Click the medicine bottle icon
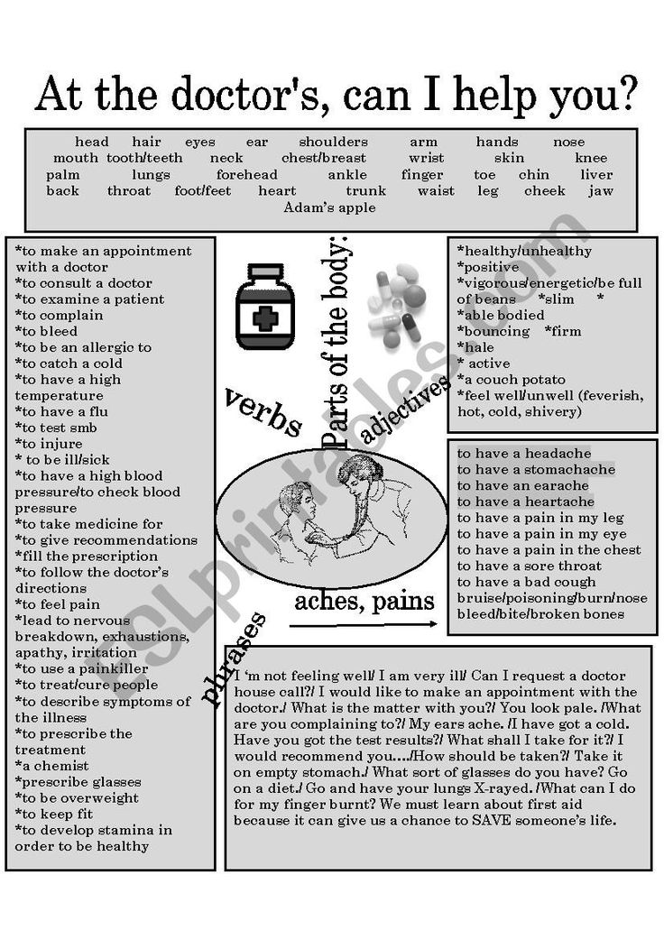click(267, 307)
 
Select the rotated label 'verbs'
click(263, 412)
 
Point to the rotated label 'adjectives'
click(405, 411)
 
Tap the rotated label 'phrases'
click(235, 658)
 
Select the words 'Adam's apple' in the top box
click(329, 207)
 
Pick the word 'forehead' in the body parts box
click(247, 175)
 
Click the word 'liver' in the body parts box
click(596, 175)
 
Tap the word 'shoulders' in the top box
click(333, 143)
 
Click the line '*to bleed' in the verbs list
click(47, 332)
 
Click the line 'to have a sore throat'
click(529, 566)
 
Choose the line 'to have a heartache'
click(525, 502)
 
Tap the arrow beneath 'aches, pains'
click(364, 624)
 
